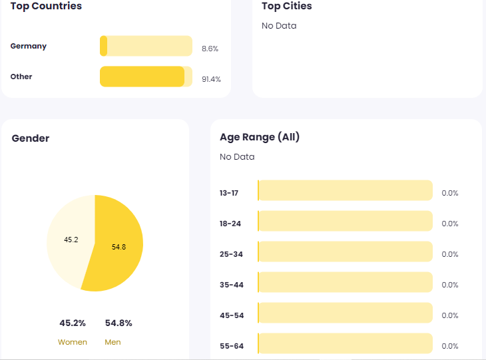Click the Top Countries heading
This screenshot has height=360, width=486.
pyautogui.click(x=46, y=6)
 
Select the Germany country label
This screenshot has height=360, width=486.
pyautogui.click(x=29, y=46)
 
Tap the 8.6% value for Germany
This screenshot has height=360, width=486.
pyautogui.click(x=210, y=49)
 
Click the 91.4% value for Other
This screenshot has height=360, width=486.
pyautogui.click(x=211, y=79)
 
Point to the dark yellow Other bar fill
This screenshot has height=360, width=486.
pyautogui.click(x=142, y=77)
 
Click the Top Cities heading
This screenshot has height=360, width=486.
pyautogui.click(x=286, y=6)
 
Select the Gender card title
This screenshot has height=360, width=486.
pyautogui.click(x=31, y=138)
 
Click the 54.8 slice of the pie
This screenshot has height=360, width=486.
pyautogui.click(x=119, y=247)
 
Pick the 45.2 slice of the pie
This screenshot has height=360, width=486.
pyautogui.click(x=71, y=240)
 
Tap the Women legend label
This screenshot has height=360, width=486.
pyautogui.click(x=73, y=342)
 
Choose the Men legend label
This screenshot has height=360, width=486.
pyautogui.click(x=113, y=342)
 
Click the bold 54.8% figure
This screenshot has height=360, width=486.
pyautogui.click(x=119, y=323)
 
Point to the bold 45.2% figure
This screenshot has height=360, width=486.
pyautogui.click(x=73, y=323)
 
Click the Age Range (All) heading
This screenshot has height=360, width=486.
pyautogui.click(x=260, y=137)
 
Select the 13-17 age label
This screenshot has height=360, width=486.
pyautogui.click(x=229, y=193)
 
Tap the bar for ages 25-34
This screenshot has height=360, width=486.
pyautogui.click(x=345, y=252)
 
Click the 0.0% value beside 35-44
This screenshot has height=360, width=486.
pyautogui.click(x=450, y=285)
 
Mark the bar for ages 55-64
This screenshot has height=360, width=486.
pyautogui.click(x=345, y=343)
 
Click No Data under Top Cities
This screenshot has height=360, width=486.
pyautogui.click(x=279, y=26)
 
